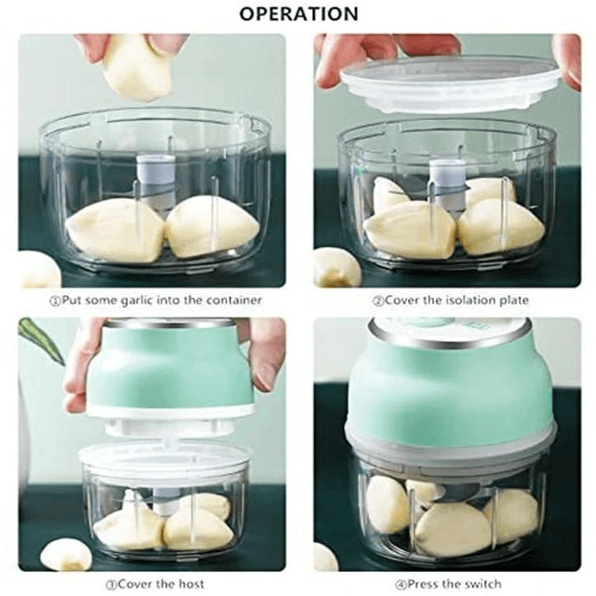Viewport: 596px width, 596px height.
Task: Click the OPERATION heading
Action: pyautogui.click(x=298, y=13)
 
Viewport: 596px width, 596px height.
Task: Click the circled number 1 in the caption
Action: pyautogui.click(x=54, y=301)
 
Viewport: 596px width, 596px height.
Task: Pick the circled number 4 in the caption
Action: pyautogui.click(x=376, y=585)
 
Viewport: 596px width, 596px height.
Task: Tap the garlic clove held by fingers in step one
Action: pyautogui.click(x=137, y=67)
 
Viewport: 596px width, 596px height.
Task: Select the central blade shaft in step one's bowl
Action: pyautogui.click(x=151, y=182)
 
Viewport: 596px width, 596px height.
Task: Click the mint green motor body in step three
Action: pyautogui.click(x=168, y=368)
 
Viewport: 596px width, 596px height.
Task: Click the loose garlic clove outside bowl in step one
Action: pyautogui.click(x=37, y=270)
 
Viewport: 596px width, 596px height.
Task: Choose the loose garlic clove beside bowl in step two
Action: pyautogui.click(x=335, y=267)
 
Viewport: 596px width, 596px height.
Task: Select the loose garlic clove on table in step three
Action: pyautogui.click(x=65, y=555)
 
